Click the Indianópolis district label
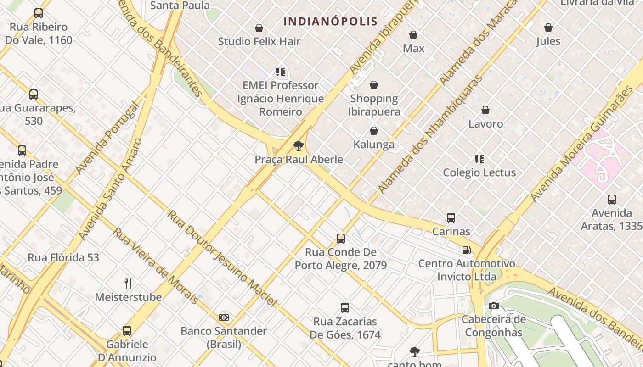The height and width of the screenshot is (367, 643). pos(330,21)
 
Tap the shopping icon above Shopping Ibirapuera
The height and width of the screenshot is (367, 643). pos(374,85)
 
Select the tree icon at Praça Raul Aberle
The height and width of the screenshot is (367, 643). pos(299,146)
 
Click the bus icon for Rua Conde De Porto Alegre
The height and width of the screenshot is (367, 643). pos(340,239)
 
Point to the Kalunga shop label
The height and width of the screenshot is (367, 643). pos(374,145)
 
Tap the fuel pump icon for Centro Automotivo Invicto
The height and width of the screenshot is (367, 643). pos(466,250)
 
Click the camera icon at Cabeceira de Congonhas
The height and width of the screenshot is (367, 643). pos(494,306)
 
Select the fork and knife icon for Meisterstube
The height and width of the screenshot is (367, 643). pos(128,284)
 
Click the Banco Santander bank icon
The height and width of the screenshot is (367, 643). pos(224,317)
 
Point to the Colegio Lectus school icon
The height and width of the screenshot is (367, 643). pos(479,159)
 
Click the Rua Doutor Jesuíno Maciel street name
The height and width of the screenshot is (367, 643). pos(222,258)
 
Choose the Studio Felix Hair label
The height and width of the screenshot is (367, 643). pos(259,41)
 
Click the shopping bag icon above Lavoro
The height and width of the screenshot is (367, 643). pos(485,111)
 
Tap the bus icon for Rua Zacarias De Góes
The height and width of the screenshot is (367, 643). pos(344,308)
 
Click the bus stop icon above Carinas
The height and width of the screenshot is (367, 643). pos(451,218)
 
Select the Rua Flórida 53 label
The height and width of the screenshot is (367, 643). pos(63,257)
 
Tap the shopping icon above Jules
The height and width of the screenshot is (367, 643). pos(548,28)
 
